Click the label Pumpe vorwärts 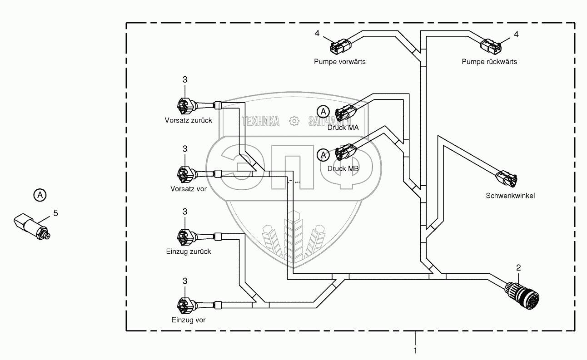coord(340,62)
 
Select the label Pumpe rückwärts coord(489,62)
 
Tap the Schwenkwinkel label coord(510,196)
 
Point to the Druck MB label coord(343,168)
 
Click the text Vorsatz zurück coord(188,120)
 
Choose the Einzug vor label coord(189,320)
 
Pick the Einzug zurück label coord(189,252)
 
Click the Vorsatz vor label coord(189,189)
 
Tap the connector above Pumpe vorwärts coord(340,46)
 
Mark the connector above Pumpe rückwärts coord(491,47)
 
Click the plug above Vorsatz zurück coord(187,106)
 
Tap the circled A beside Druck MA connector coord(323,112)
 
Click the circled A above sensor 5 coord(40,195)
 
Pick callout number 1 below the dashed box coord(415,350)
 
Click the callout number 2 coord(518,267)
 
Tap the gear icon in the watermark coord(294,121)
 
